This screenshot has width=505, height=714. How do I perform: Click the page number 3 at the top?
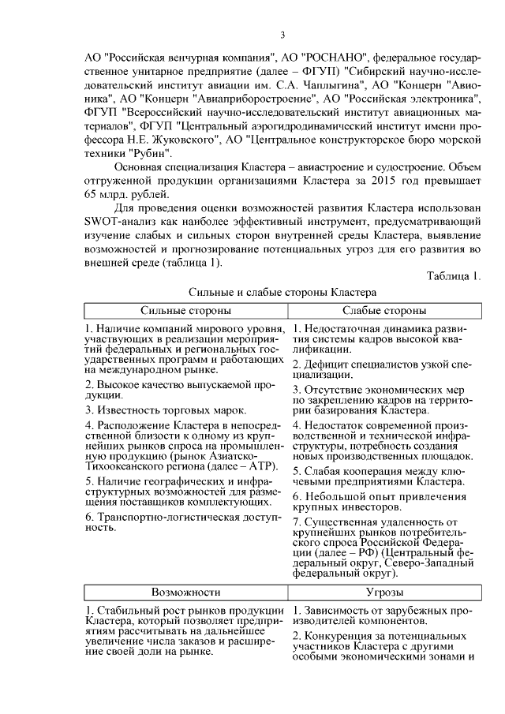[282, 34]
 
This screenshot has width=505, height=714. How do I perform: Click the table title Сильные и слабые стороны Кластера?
[281, 292]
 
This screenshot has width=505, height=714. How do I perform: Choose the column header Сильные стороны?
[185, 310]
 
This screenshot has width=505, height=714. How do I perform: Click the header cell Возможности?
[185, 591]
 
